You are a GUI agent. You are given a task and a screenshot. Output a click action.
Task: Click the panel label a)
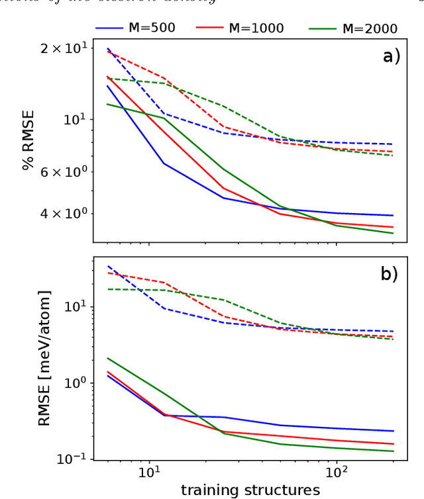pos(392,56)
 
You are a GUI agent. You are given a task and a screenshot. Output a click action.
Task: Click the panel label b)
pos(389,274)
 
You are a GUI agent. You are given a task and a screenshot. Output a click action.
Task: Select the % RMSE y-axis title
pos(28,140)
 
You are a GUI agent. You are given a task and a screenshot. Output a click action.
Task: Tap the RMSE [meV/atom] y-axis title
pos(44,357)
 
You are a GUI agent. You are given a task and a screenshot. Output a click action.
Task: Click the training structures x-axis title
pos(250,490)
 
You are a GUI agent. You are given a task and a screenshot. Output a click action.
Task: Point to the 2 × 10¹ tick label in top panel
pos(65,48)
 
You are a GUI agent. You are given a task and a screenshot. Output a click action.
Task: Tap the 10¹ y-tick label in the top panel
pos(77,120)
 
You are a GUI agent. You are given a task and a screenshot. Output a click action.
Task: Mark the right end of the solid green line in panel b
pos(393,451)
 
